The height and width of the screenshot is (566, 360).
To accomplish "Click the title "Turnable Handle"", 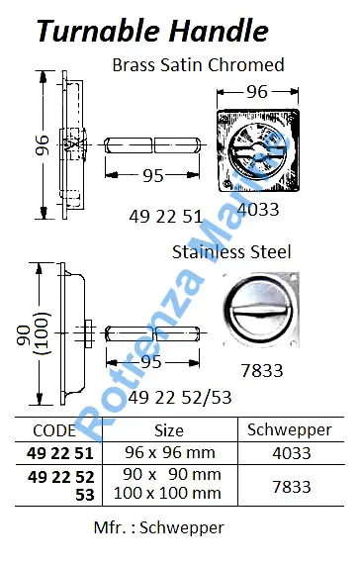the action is (152, 31).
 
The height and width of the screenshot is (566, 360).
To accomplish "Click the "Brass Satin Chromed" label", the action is (198, 65).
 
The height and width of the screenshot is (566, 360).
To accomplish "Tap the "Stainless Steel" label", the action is (231, 251).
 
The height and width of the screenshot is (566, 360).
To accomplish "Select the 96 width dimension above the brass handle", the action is (257, 92).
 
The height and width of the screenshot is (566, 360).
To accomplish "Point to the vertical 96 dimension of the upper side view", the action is (42, 144).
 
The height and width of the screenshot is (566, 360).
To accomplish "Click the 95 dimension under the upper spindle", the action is (153, 176).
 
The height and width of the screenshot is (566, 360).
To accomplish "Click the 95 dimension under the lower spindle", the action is (150, 362).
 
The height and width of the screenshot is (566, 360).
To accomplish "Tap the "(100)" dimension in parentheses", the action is (43, 333).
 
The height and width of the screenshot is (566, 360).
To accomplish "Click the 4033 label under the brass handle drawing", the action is (259, 210).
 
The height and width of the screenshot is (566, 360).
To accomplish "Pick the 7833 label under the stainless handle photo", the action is (262, 371).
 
